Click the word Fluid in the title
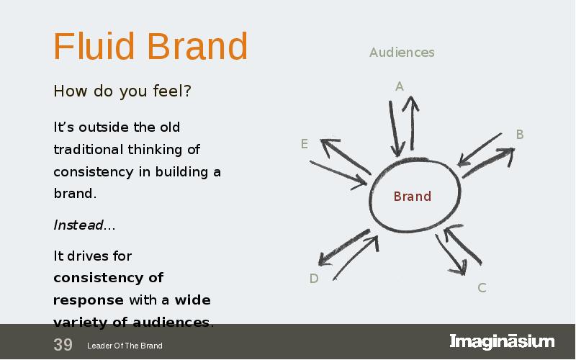94,46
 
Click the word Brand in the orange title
197,46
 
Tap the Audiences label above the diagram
402,52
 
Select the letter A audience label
400,86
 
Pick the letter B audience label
519,135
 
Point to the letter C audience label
482,287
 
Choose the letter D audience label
314,279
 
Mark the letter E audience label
304,143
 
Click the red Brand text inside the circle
412,196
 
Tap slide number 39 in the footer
63,345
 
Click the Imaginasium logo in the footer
502,341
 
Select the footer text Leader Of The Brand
125,346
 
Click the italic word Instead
78,225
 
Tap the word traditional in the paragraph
88,150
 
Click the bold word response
88,300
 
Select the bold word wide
192,300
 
